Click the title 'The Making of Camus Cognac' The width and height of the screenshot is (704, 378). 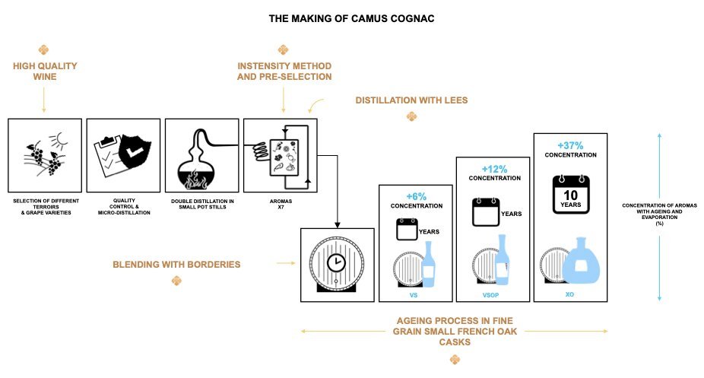(351, 17)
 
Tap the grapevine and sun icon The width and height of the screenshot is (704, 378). (45, 155)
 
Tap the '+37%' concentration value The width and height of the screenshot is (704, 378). (570, 145)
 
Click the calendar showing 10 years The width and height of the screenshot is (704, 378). (570, 193)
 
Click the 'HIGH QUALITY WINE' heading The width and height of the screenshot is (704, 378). (45, 71)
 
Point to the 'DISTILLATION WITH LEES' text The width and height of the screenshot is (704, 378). (411, 100)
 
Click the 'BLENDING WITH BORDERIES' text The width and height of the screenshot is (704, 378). (176, 265)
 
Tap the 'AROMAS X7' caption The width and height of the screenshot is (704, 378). (280, 205)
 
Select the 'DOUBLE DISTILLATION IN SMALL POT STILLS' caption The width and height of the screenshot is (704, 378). (200, 205)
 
